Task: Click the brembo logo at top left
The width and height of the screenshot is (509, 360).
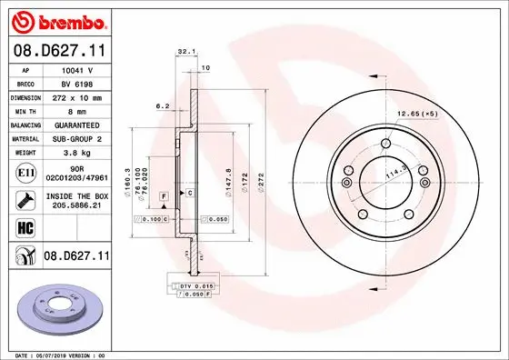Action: point(56,19)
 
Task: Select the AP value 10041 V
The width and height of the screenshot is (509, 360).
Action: point(75,69)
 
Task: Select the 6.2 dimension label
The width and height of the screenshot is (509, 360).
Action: point(164,106)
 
